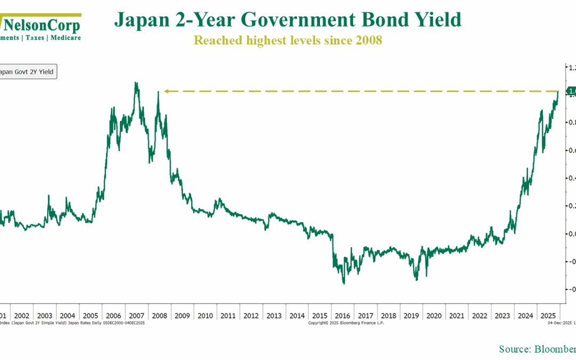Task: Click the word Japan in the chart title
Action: (137, 20)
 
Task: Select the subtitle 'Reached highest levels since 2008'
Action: (288, 40)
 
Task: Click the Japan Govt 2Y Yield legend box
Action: (27, 72)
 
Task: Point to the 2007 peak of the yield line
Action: (137, 83)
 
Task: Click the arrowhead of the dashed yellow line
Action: (166, 92)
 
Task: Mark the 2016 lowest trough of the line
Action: (343, 283)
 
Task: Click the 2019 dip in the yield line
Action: (416, 279)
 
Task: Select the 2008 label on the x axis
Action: (160, 316)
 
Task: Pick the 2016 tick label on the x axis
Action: (343, 316)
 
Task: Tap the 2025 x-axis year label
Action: (548, 316)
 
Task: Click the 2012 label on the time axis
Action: (251, 316)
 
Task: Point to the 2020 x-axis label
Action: (434, 316)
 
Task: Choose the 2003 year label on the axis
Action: (45, 316)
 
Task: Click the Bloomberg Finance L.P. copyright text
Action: (346, 323)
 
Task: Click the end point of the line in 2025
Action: (558, 92)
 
